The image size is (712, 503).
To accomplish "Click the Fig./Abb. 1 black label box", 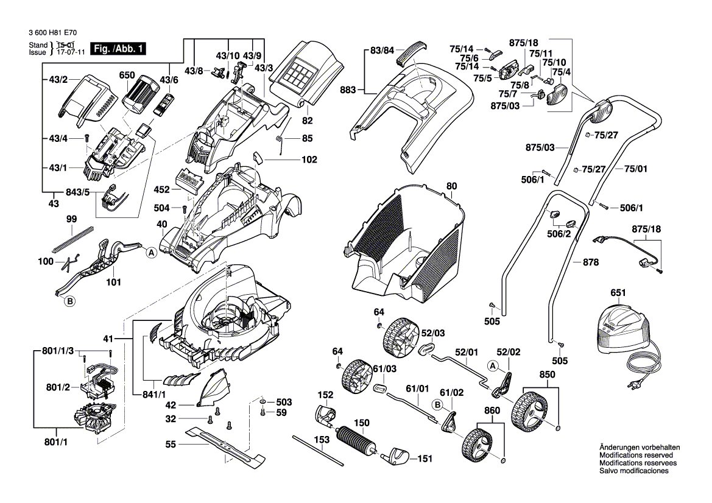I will [118, 49].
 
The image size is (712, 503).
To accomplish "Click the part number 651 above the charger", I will [618, 293].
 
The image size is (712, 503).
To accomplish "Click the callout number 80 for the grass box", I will [451, 186].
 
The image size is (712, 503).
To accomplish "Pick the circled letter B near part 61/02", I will [437, 404].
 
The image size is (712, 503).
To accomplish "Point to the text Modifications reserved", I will [636, 456].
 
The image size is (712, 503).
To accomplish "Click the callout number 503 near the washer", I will [284, 403].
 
